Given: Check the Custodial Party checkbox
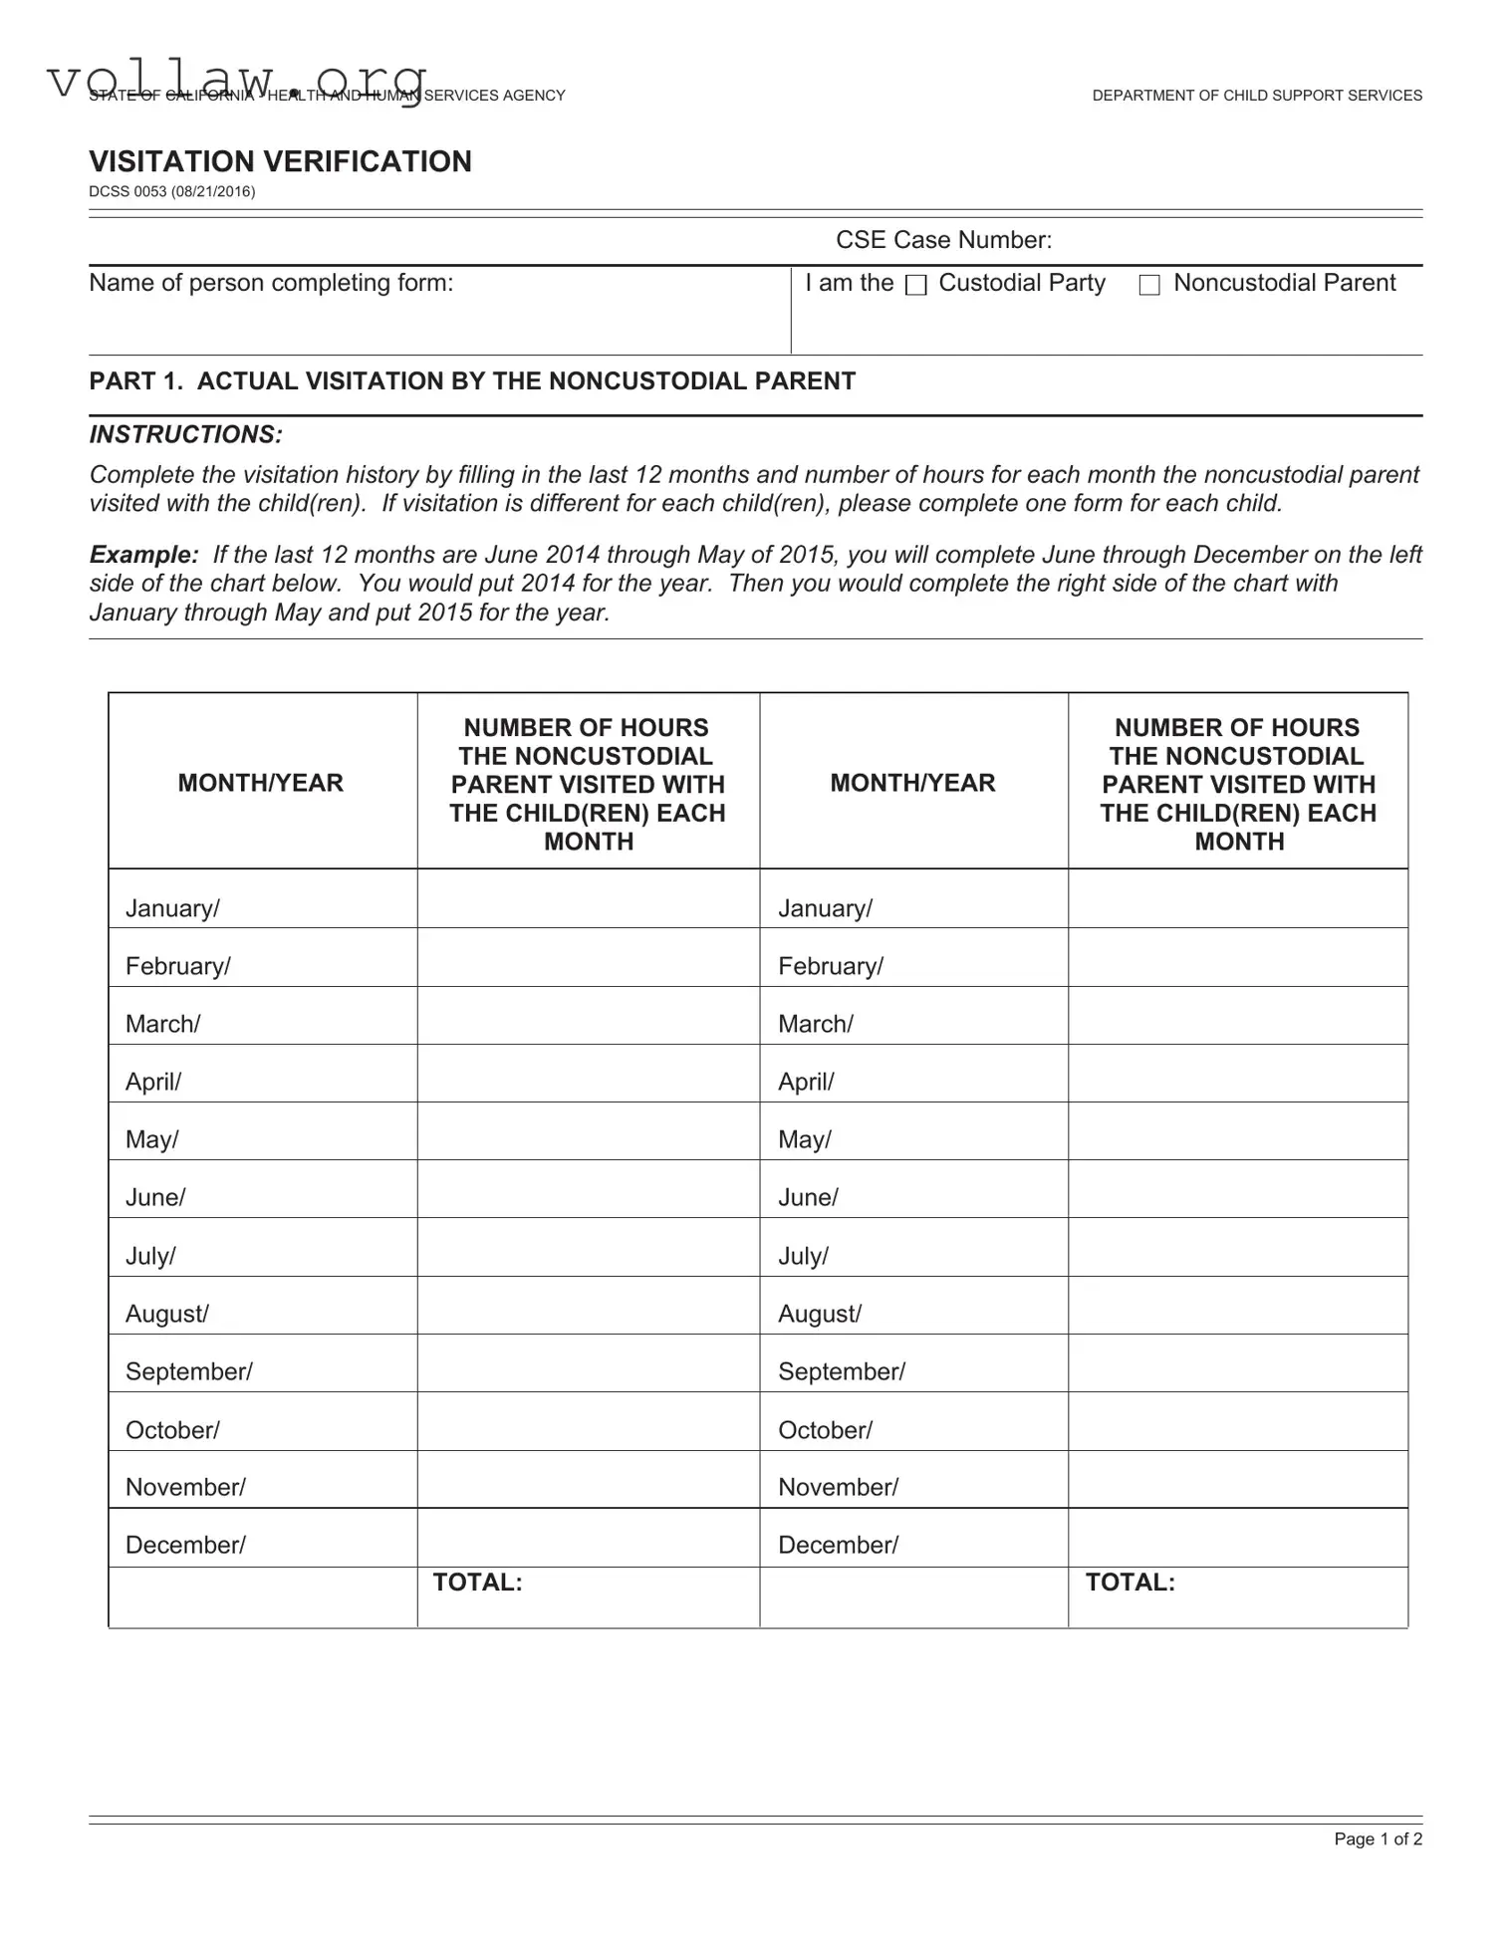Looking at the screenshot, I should click(x=915, y=286).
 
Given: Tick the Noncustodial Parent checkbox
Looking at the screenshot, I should click(x=1149, y=286).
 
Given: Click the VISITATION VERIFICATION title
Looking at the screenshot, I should click(x=280, y=161).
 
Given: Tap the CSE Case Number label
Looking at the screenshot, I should click(x=943, y=240).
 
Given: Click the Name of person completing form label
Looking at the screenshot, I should click(x=271, y=283).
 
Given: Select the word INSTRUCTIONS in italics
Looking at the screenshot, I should click(x=185, y=434).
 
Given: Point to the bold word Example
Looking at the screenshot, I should click(x=143, y=555).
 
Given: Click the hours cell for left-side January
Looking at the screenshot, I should click(x=588, y=899).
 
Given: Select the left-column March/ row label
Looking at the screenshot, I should click(x=162, y=1024).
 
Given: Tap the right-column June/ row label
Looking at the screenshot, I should click(x=808, y=1197).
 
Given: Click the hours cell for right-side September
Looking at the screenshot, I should click(x=1237, y=1363).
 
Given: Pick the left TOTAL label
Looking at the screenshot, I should click(x=477, y=1583).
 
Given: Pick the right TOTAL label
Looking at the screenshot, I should click(x=1130, y=1583).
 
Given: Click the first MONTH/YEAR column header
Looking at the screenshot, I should click(x=261, y=783).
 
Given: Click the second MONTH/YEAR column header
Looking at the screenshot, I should click(x=912, y=783).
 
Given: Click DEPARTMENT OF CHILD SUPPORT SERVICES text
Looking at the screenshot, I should click(x=1257, y=96).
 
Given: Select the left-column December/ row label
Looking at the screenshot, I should click(x=185, y=1545).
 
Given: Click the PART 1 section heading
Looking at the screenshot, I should click(x=472, y=381).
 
